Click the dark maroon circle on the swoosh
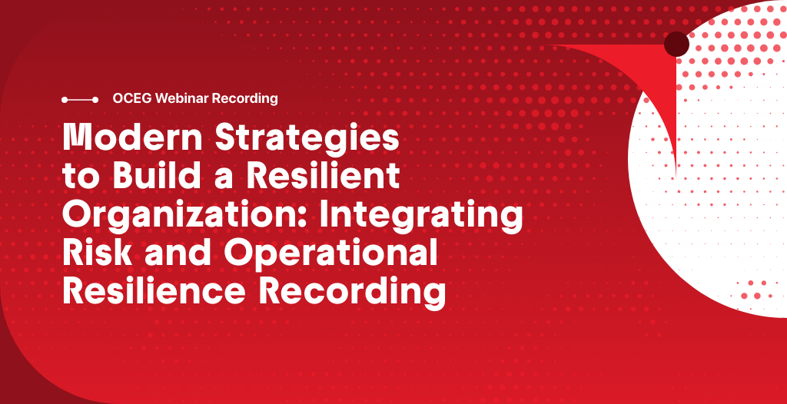click(676, 45)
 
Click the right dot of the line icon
click(95, 99)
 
